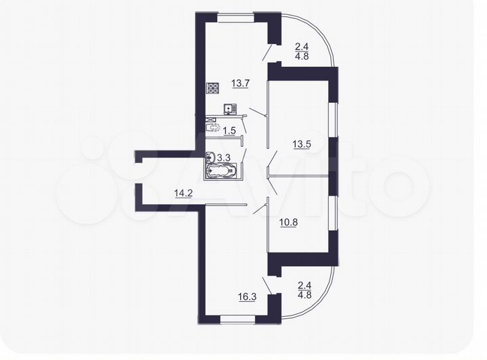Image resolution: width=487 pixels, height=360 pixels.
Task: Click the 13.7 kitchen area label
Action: (x=241, y=84)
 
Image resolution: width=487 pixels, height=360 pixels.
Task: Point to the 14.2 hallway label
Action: (x=183, y=194)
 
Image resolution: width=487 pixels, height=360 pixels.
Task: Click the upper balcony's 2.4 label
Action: (x=302, y=47)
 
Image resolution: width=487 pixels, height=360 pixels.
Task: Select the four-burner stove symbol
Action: (x=213, y=88)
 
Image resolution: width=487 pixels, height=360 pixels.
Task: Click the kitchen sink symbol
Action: (x=230, y=108)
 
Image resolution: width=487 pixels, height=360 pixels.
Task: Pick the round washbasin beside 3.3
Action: (x=211, y=158)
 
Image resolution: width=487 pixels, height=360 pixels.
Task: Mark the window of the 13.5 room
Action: (x=332, y=120)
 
